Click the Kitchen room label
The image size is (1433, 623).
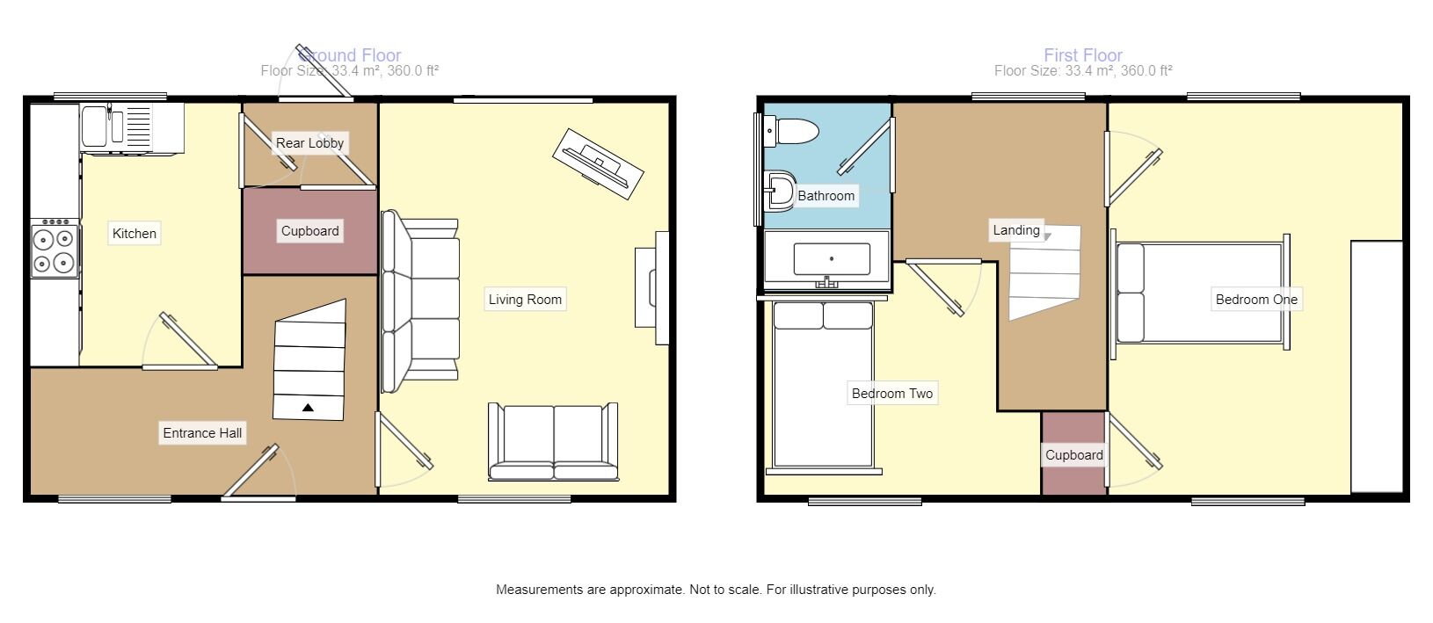[135, 234]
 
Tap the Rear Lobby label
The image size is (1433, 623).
[309, 143]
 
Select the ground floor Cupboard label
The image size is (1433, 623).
[309, 231]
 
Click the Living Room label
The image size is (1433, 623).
[525, 300]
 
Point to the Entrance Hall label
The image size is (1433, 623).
[202, 433]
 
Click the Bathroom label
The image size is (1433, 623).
[826, 196]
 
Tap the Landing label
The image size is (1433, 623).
[1015, 230]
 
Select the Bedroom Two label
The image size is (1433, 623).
[891, 394]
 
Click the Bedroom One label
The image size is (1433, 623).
[1255, 300]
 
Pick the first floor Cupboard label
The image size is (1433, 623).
[1073, 455]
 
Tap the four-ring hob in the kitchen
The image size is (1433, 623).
[54, 250]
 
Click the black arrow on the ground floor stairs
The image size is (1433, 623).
[308, 407]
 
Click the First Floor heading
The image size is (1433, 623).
[1082, 55]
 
